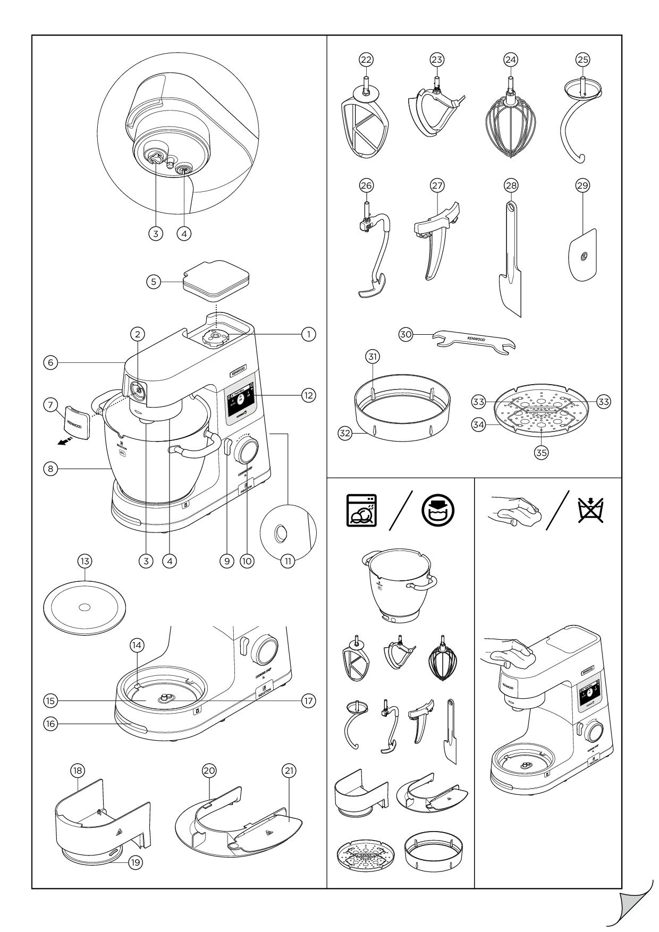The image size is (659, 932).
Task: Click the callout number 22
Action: (365, 60)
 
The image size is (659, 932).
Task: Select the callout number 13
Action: (85, 561)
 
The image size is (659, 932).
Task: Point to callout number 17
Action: (308, 700)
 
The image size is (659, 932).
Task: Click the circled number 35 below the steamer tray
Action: (541, 452)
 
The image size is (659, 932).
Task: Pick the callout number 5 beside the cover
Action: (154, 282)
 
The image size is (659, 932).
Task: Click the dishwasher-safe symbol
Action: (361, 511)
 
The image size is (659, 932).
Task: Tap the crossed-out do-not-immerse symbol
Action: (591, 509)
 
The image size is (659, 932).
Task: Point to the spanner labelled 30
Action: (475, 343)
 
